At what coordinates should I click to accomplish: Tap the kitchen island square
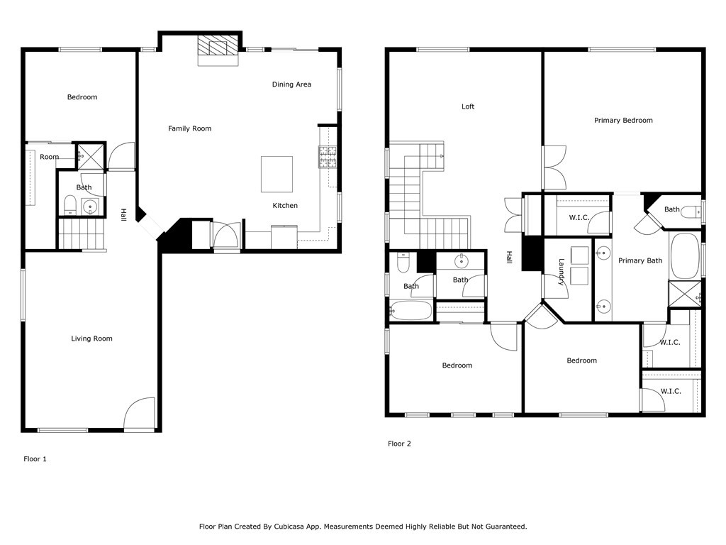[x=277, y=175]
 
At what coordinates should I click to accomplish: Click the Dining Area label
[x=291, y=84]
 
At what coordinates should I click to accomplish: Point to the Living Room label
[x=91, y=338]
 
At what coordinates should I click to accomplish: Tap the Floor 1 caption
[x=35, y=459]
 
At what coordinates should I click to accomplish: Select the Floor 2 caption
[x=399, y=444]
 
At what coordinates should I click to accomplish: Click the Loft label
[x=468, y=106]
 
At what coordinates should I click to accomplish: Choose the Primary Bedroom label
[x=623, y=121]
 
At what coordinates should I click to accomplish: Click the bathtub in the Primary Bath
[x=685, y=255]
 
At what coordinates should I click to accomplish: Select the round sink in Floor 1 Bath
[x=89, y=207]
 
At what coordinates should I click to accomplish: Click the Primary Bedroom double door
[x=554, y=167]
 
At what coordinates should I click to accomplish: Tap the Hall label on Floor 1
[x=123, y=215]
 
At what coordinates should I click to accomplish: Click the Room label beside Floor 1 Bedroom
[x=50, y=157]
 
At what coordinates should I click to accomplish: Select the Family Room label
[x=189, y=128]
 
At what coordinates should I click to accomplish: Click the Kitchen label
[x=285, y=206]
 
